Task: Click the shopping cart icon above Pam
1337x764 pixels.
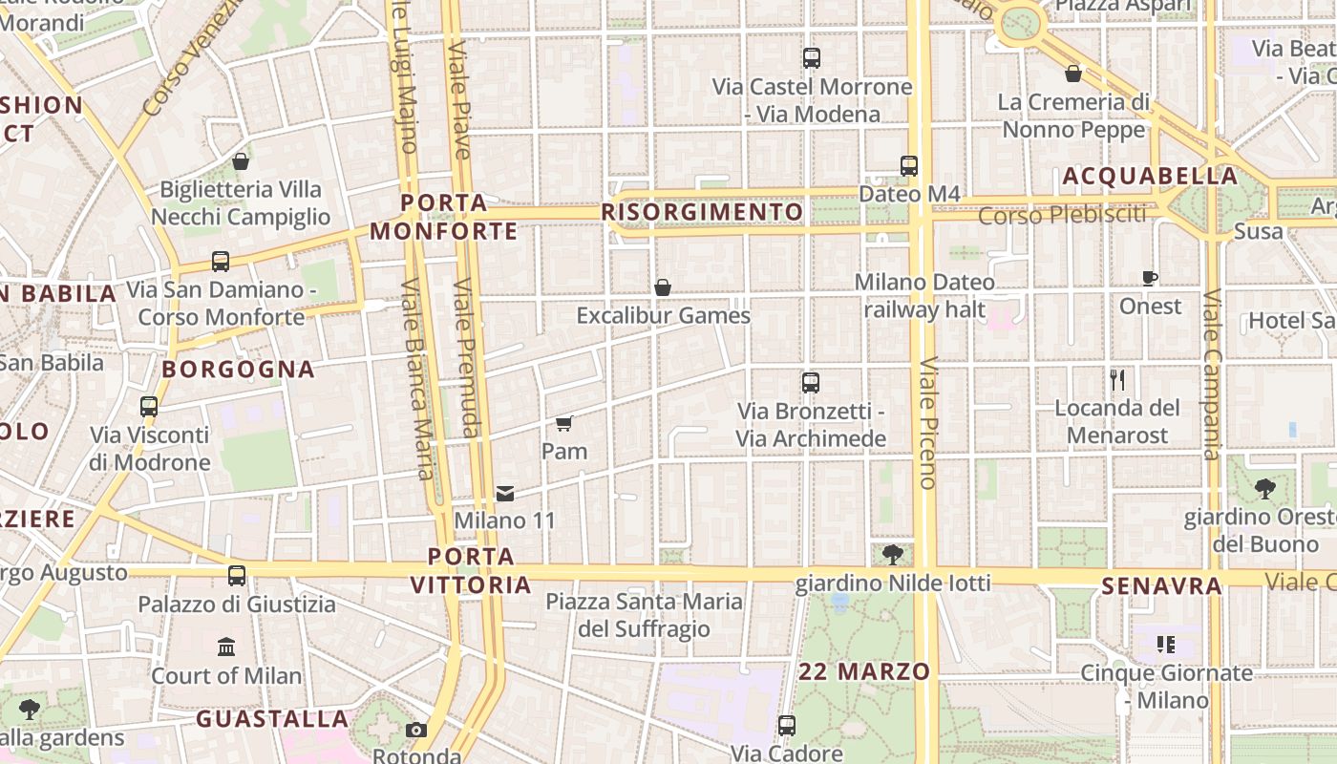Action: pos(563,423)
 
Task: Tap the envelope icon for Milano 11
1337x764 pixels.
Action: pos(505,494)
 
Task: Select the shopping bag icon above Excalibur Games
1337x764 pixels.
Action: pos(663,287)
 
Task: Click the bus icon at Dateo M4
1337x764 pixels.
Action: pos(909,166)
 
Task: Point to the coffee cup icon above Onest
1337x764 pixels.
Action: pos(1150,279)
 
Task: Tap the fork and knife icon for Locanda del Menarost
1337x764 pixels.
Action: pos(1118,380)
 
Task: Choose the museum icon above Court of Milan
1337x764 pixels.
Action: pos(226,647)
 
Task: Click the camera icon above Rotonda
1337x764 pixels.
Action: pos(416,731)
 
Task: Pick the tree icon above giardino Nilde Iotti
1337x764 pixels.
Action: pos(893,555)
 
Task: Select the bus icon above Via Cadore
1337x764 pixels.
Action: pos(786,726)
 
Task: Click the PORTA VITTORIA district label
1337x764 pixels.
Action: pos(472,570)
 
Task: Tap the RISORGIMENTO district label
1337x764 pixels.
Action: pos(703,211)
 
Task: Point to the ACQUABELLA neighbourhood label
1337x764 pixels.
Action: pos(1150,177)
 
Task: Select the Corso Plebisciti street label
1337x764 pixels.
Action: pos(1062,215)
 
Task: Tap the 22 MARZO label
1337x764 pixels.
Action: pos(864,671)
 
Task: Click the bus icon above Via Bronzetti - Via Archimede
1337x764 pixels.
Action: pos(811,383)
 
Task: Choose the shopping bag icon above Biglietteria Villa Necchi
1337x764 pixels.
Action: pos(241,161)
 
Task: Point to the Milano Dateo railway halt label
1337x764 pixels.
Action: pos(924,296)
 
